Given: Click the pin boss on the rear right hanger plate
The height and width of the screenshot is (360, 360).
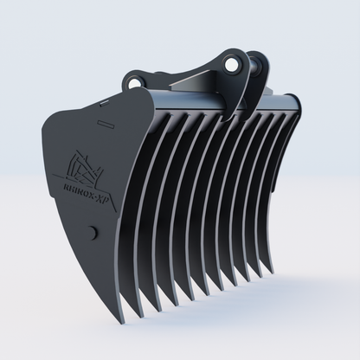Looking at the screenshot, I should (253, 62).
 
